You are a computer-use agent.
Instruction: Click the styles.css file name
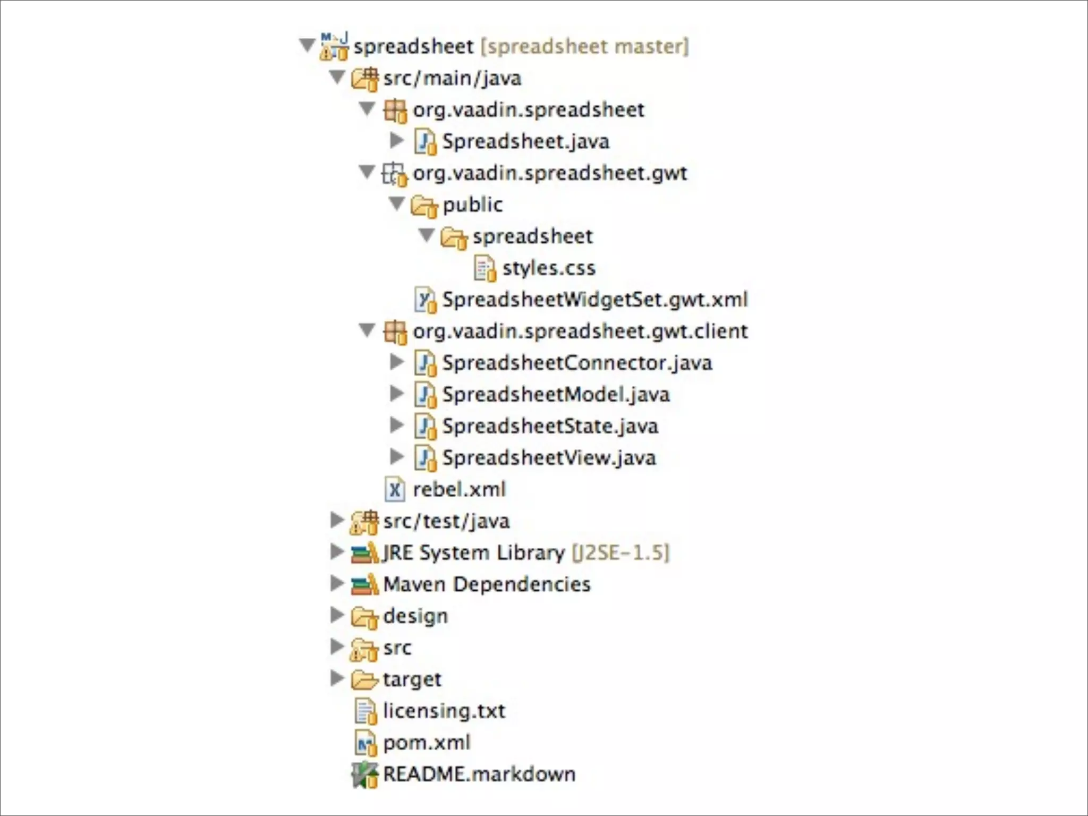tap(548, 268)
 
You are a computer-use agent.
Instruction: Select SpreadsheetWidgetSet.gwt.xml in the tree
tap(594, 300)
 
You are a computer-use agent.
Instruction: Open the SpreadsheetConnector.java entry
tap(576, 363)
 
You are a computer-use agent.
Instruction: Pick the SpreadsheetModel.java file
tap(555, 395)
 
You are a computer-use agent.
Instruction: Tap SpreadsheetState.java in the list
tap(550, 427)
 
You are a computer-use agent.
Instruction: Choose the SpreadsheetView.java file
tap(549, 458)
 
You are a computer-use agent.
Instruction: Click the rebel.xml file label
tap(459, 489)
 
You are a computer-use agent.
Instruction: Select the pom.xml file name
tap(427, 743)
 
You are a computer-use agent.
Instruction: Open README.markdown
tap(479, 775)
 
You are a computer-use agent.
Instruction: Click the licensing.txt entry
tap(444, 711)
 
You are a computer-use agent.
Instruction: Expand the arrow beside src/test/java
tap(336, 520)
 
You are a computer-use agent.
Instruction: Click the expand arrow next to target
tap(336, 678)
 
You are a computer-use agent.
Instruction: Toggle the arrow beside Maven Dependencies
tap(336, 583)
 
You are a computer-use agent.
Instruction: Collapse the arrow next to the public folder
tap(397, 203)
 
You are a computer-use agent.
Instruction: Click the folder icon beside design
tap(364, 617)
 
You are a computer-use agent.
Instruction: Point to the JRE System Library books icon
tap(364, 553)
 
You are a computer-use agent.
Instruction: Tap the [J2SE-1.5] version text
tap(620, 553)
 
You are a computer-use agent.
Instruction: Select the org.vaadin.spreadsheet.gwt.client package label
tap(580, 331)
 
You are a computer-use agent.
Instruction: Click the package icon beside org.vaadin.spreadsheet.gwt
tap(394, 174)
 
